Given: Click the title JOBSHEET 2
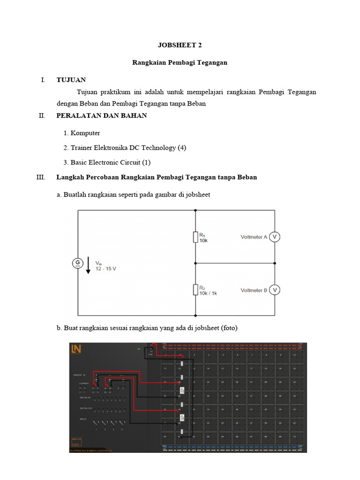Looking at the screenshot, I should pos(180,45).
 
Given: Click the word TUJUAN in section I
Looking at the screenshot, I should pos(71,80).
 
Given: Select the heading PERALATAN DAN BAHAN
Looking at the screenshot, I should pos(101,115).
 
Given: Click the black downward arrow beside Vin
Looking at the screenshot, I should pos(88,267).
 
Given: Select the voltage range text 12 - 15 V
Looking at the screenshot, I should pos(105,270).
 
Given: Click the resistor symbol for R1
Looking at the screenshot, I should pos(195,237).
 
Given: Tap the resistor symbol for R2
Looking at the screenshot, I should pos(195,290).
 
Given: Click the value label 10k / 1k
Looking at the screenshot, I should pos(208,293).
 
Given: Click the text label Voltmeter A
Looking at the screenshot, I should pos(254,237).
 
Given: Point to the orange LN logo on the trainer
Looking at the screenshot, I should pos(76,349).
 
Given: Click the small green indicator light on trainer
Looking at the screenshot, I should pos(138,349).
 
